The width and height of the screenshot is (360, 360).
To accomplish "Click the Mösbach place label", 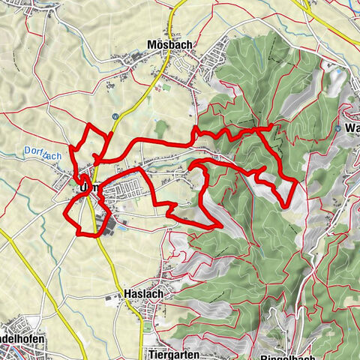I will [x=170, y=45].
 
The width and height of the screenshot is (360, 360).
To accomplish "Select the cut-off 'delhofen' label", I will [x=22, y=339].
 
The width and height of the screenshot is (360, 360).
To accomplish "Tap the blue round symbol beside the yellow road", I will [x=114, y=116].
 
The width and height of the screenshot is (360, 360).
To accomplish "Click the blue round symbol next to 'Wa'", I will [x=339, y=128].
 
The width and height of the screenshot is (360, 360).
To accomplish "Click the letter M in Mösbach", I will [x=153, y=45].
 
